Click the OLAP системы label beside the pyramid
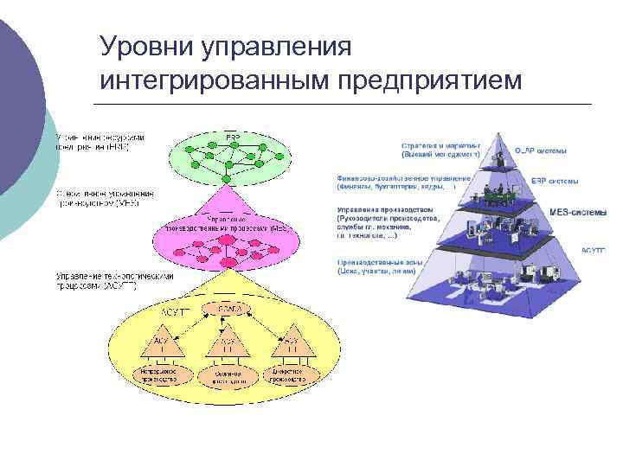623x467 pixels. (x=542, y=150)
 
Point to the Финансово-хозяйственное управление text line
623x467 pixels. (x=403, y=179)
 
